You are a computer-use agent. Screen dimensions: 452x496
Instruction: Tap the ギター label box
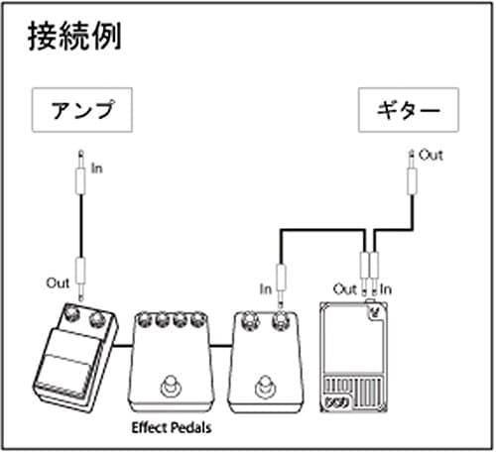[407, 111]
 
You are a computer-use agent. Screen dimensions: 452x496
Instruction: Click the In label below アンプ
[97, 168]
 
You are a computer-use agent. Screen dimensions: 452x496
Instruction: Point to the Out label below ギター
[431, 156]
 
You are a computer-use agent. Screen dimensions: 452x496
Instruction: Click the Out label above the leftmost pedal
[59, 282]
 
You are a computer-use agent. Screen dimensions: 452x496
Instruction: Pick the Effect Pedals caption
[177, 429]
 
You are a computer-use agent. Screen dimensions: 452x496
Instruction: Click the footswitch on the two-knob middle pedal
[263, 384]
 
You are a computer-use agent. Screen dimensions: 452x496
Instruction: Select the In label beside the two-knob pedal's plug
[265, 288]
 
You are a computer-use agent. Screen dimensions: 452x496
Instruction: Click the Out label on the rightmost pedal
[344, 288]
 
